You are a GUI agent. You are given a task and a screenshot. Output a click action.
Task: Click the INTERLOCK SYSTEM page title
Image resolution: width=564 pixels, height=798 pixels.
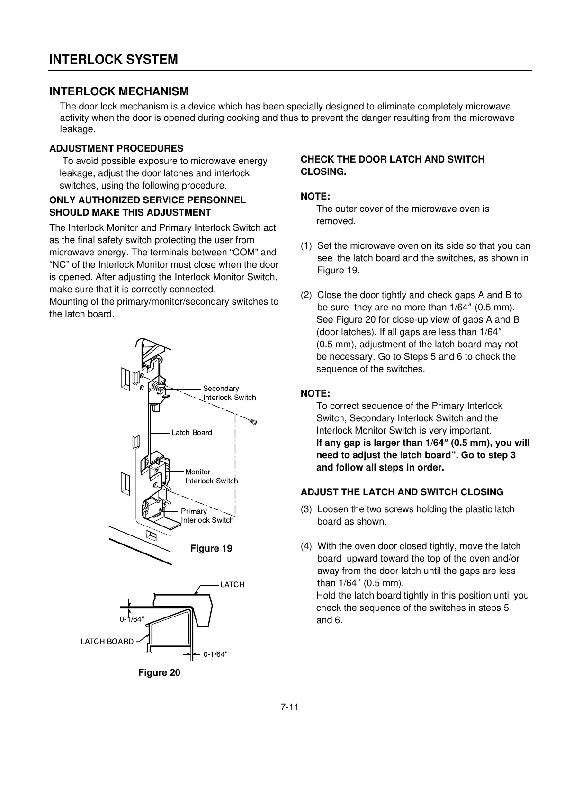(114, 60)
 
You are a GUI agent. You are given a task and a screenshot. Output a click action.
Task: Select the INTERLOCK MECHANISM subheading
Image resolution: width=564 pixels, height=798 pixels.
(119, 91)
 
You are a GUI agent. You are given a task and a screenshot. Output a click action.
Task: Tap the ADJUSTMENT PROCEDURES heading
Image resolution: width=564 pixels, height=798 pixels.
(116, 149)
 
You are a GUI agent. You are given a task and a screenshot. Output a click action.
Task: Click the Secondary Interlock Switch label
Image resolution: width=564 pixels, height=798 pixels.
(229, 393)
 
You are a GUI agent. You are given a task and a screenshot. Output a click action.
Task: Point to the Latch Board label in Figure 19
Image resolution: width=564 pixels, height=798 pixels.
(191, 432)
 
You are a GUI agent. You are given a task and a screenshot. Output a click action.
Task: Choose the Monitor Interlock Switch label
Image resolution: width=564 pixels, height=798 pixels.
(211, 476)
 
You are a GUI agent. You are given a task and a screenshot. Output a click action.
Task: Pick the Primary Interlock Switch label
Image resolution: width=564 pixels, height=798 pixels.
(207, 516)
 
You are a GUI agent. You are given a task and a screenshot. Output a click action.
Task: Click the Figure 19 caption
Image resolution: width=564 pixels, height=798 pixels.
(211, 549)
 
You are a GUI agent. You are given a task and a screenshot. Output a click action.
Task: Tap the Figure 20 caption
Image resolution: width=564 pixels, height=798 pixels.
(159, 673)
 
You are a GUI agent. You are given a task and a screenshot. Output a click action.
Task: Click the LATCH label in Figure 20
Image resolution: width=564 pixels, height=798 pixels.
(232, 585)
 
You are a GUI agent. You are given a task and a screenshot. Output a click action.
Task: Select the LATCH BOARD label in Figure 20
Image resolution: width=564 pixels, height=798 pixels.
(107, 642)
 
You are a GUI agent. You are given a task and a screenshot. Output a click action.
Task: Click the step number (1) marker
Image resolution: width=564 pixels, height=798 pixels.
(306, 246)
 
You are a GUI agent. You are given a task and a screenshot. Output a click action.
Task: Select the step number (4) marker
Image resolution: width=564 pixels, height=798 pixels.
(306, 546)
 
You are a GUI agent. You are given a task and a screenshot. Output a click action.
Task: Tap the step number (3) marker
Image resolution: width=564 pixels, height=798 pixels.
(306, 509)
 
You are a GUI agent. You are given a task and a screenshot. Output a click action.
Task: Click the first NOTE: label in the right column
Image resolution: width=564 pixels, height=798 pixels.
(315, 197)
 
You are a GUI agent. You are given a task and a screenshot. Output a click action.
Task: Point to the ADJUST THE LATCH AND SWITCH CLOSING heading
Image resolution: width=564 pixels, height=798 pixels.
(402, 492)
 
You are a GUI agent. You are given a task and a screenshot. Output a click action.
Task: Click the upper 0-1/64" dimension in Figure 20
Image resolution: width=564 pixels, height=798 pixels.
(132, 619)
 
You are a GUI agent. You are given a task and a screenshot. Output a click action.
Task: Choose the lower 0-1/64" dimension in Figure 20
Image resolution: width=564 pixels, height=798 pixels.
(215, 654)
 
